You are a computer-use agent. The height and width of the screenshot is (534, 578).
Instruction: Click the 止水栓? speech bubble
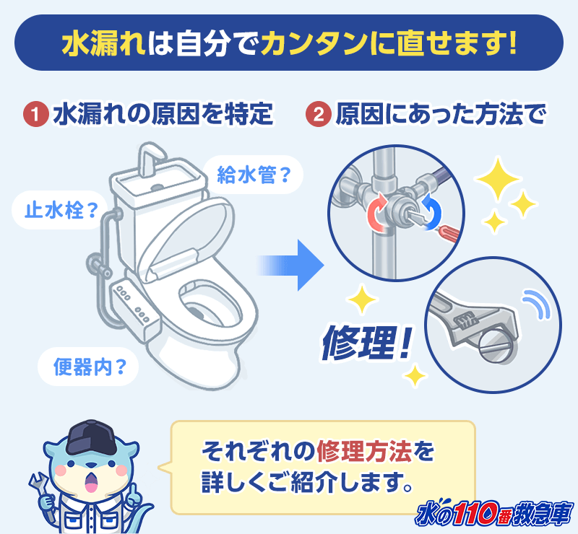(x=60, y=210)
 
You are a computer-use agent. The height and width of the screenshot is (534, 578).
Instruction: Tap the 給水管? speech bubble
(x=253, y=175)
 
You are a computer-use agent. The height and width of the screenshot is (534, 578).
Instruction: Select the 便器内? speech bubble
(x=88, y=367)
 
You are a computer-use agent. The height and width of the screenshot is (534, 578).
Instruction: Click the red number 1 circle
(x=35, y=114)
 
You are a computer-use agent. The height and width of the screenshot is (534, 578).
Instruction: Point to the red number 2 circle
(x=319, y=114)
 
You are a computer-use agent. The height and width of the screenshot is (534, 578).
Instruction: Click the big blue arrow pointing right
(x=290, y=265)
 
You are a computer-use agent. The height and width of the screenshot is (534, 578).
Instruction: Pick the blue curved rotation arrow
(x=431, y=212)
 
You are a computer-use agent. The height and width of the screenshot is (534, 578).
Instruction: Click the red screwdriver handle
(x=449, y=232)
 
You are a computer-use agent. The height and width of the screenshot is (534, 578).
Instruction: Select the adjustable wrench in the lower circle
(x=475, y=320)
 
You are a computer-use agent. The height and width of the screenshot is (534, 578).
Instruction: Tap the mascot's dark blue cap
(x=90, y=437)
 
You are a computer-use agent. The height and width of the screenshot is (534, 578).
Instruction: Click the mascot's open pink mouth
(x=91, y=483)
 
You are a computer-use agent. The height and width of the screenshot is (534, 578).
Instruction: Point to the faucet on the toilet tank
(x=150, y=159)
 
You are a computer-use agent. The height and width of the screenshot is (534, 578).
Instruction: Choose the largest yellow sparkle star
(x=498, y=179)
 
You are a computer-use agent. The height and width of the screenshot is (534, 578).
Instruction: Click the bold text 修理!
(x=366, y=343)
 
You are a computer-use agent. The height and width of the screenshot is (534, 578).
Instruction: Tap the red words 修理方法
(x=364, y=451)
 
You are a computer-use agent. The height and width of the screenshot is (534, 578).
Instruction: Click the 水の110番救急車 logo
(x=495, y=512)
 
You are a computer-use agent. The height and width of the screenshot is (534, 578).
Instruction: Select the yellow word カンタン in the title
(x=314, y=43)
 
